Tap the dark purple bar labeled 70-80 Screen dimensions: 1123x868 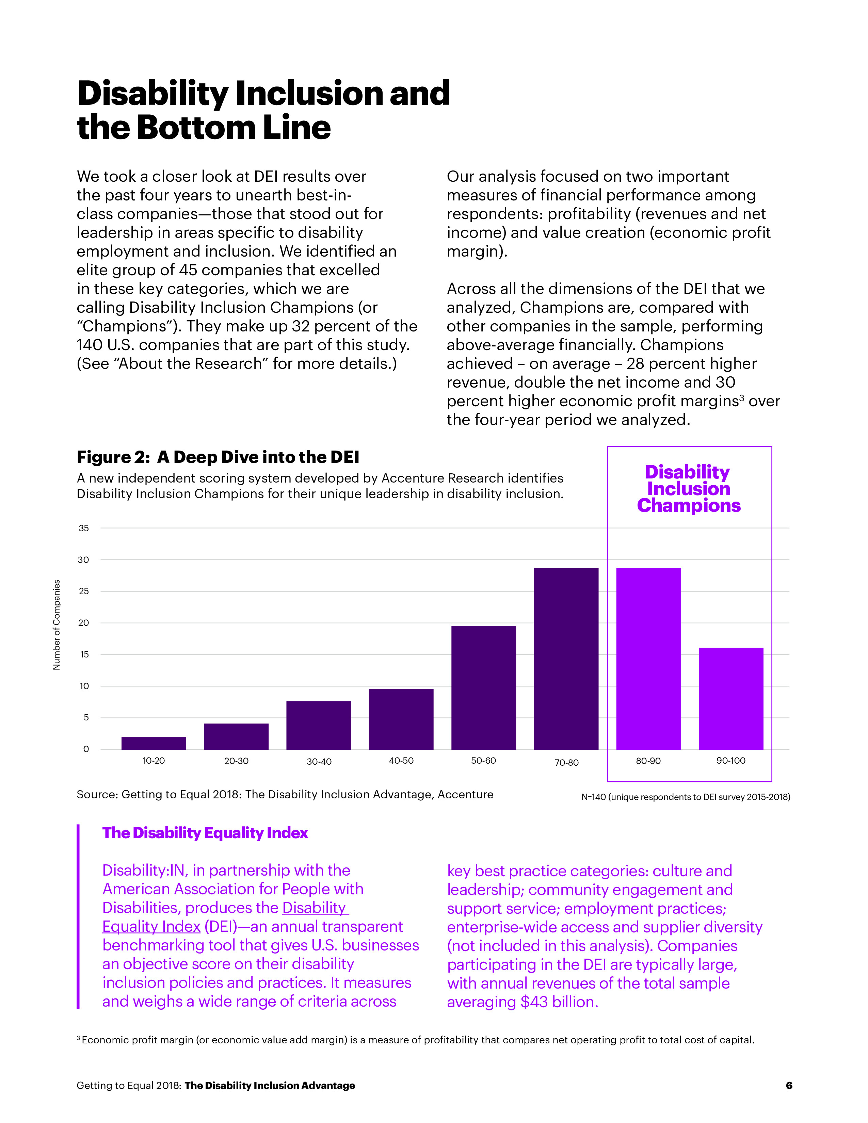pos(566,658)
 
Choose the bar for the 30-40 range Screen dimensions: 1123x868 pos(318,725)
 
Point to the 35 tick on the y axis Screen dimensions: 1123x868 pos(83,528)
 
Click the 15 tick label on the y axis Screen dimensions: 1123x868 pos(83,654)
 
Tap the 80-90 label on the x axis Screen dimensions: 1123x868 pos(648,761)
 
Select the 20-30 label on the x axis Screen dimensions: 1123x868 pos(236,761)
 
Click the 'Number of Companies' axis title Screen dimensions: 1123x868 pos(57,625)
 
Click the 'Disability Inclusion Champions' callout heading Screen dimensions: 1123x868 pos(689,488)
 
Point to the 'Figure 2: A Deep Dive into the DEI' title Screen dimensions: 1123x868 pos(218,457)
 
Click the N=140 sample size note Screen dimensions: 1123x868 pos(686,797)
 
